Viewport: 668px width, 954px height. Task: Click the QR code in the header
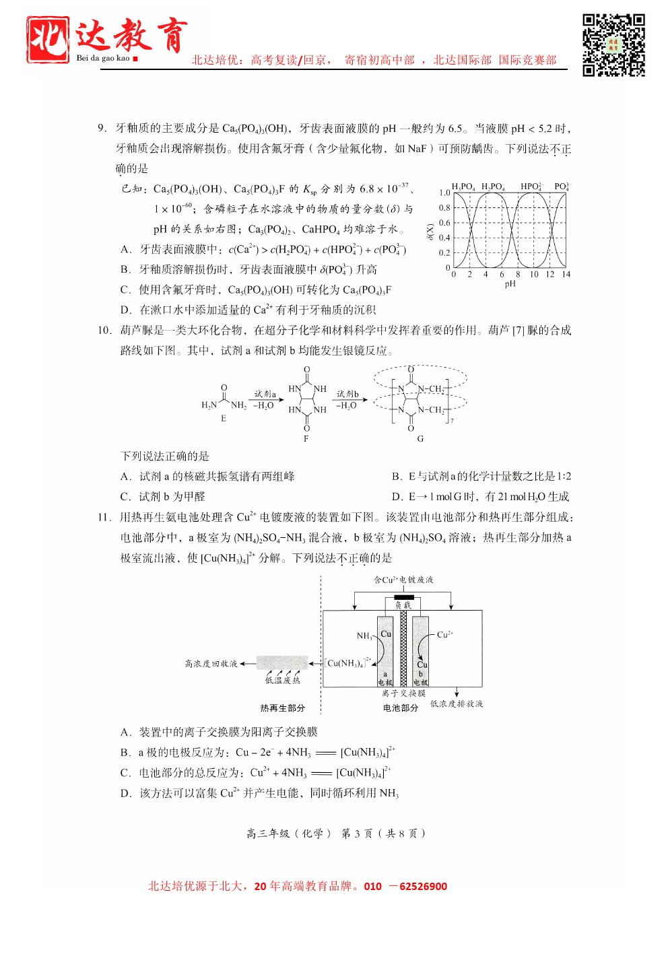613,44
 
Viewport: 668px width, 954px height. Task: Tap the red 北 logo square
47,40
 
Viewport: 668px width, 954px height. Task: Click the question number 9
102,128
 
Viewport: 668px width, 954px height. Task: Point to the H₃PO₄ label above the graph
463,186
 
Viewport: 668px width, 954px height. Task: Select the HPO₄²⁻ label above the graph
531,186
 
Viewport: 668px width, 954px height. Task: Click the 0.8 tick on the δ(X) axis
444,208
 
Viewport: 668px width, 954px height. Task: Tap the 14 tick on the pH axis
566,274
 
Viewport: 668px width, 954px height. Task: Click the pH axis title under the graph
510,284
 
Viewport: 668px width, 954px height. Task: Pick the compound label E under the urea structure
224,418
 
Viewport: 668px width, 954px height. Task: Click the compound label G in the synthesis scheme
420,439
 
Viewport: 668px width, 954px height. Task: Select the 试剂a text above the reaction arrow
265,394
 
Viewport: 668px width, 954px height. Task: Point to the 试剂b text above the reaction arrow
347,394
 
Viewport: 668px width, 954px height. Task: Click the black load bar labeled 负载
403,597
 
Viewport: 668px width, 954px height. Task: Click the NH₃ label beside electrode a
364,636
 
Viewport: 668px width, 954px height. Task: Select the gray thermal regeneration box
282,662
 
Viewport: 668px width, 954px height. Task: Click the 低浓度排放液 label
457,704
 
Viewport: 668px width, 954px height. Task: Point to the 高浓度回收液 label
211,664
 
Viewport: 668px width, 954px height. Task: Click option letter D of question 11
125,793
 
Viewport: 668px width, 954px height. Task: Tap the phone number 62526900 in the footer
423,886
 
